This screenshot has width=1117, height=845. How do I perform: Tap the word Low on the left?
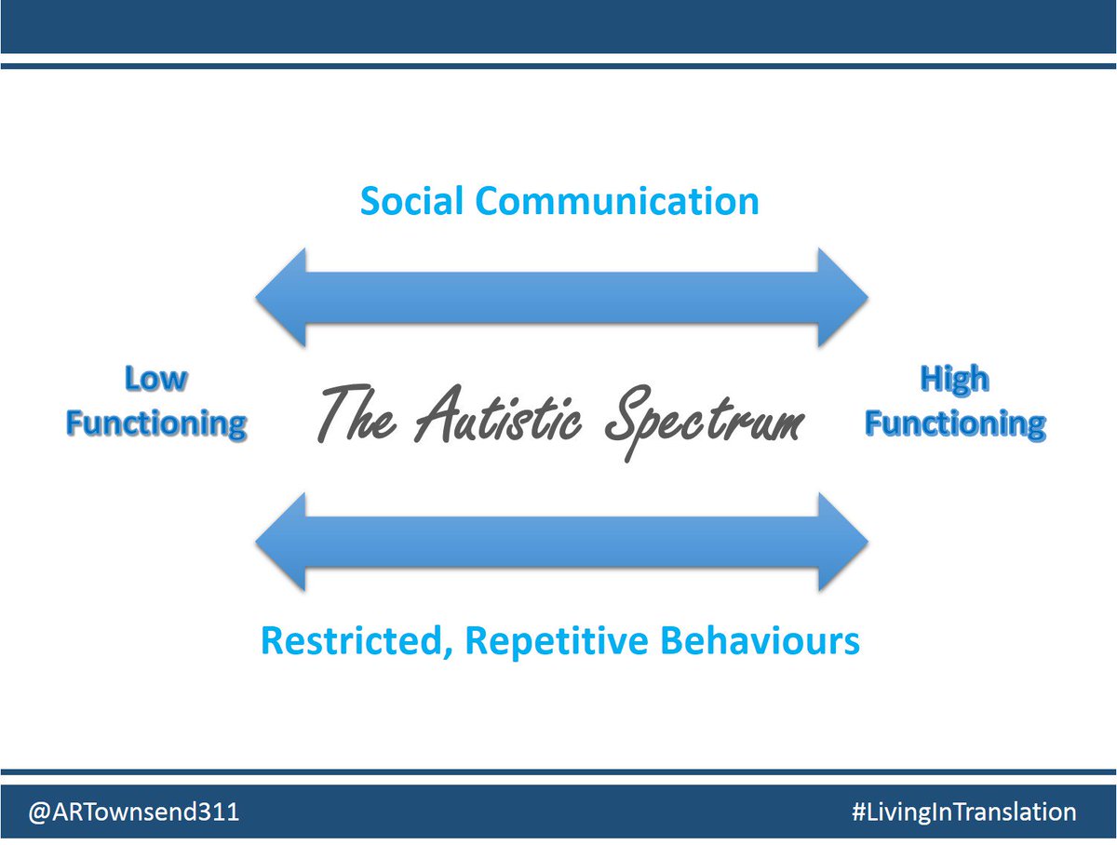(x=155, y=380)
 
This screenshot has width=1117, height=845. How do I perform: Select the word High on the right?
(x=954, y=380)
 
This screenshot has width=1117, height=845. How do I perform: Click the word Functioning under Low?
(x=156, y=424)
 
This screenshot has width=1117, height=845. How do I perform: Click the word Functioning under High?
(x=955, y=424)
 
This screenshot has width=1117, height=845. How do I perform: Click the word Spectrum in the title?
(x=704, y=424)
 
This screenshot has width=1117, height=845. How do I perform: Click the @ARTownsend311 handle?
(x=134, y=812)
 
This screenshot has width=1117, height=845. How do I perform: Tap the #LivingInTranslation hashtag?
(x=963, y=812)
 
